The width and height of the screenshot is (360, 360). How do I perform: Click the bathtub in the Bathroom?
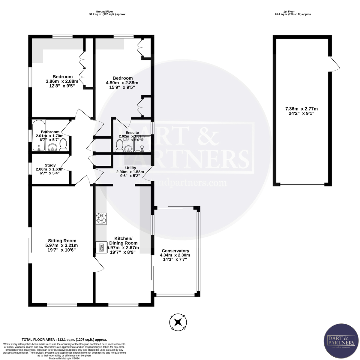(39, 135)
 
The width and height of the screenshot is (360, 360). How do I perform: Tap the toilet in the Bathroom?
(63, 146)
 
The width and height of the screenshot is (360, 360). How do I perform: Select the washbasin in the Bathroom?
(53, 147)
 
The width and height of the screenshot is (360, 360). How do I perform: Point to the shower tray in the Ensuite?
(142, 144)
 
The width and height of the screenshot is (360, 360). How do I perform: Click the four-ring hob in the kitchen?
(101, 219)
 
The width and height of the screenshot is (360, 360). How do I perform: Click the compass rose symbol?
(178, 322)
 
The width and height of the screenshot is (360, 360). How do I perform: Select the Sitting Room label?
(62, 241)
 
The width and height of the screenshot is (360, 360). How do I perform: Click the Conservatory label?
(175, 251)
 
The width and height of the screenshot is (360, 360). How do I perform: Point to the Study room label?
(50, 165)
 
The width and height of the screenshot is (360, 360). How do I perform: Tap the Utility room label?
(130, 168)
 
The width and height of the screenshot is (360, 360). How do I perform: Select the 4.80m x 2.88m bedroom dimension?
(122, 83)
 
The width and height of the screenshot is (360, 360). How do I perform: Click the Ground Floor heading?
(107, 11)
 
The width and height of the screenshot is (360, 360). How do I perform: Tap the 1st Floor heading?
(293, 11)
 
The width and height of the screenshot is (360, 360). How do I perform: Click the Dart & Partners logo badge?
(340, 343)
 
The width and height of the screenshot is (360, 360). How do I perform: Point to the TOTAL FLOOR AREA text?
(64, 339)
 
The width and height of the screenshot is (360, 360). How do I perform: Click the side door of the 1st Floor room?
(334, 64)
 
